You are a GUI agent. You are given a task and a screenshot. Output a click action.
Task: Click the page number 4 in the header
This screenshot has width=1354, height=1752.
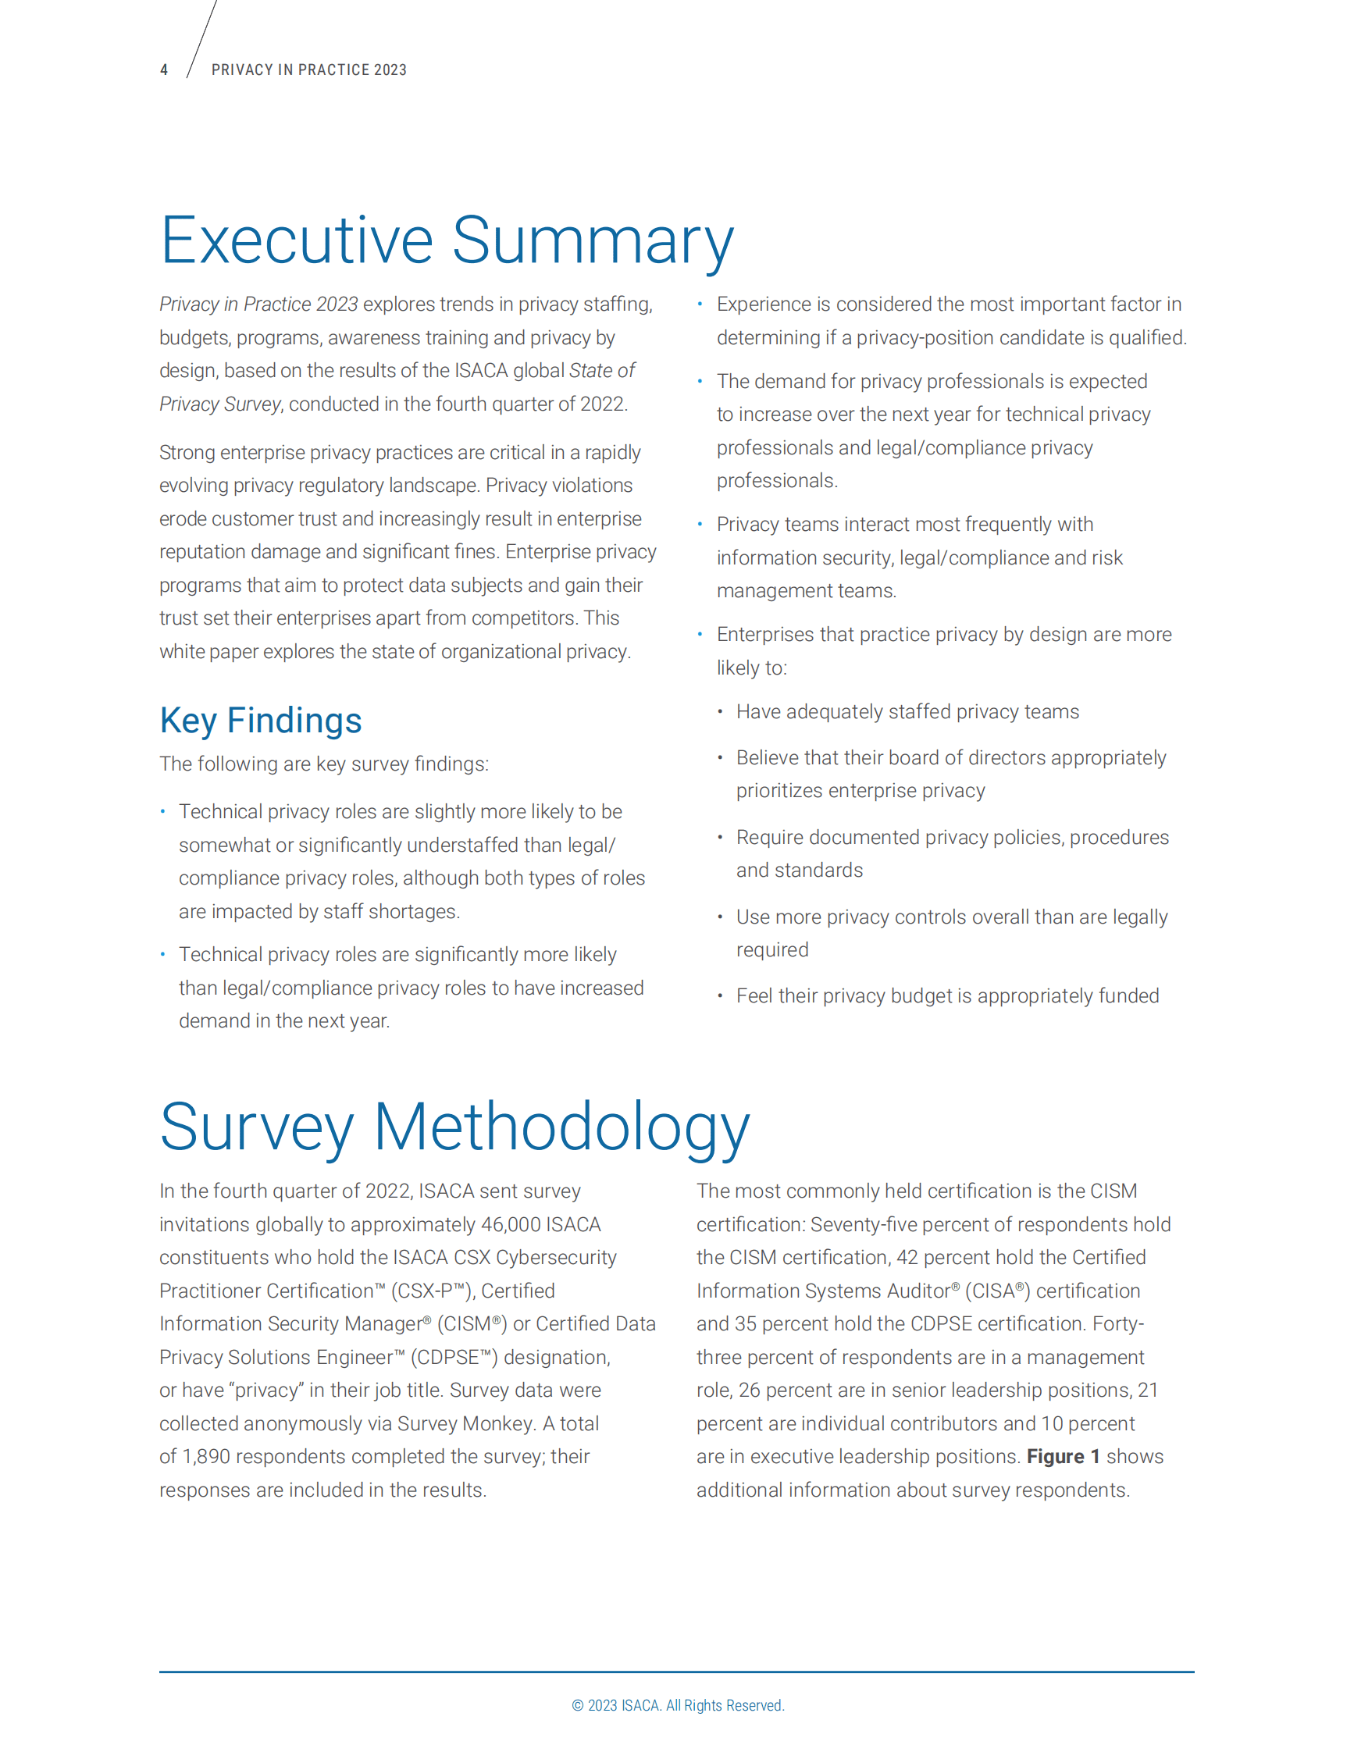[164, 69]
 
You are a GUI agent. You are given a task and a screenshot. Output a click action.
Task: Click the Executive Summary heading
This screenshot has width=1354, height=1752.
[446, 240]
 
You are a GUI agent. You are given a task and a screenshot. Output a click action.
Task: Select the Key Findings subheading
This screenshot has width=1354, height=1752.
[261, 721]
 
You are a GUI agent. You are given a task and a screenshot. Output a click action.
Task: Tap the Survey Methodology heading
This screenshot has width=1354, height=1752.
[454, 1127]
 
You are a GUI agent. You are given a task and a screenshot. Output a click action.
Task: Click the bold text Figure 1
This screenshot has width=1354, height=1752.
[1063, 1457]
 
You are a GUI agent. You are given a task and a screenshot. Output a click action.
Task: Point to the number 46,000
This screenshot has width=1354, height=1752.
[509, 1225]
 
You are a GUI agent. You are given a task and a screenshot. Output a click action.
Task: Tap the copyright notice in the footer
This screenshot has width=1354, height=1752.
[677, 1705]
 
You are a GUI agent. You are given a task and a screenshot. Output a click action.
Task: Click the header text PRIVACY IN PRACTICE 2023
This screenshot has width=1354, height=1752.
[308, 69]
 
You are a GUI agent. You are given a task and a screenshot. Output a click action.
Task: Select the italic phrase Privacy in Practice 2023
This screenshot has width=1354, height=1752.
[258, 304]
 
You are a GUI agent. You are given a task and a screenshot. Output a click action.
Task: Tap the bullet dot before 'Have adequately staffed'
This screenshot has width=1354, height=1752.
[720, 711]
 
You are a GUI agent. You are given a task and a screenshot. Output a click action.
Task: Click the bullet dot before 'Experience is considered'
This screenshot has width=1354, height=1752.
[700, 304]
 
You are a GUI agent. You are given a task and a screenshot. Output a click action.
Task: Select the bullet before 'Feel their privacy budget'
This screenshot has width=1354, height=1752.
[720, 995]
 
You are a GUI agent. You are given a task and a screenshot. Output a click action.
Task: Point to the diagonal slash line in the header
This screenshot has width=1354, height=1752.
[202, 38]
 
